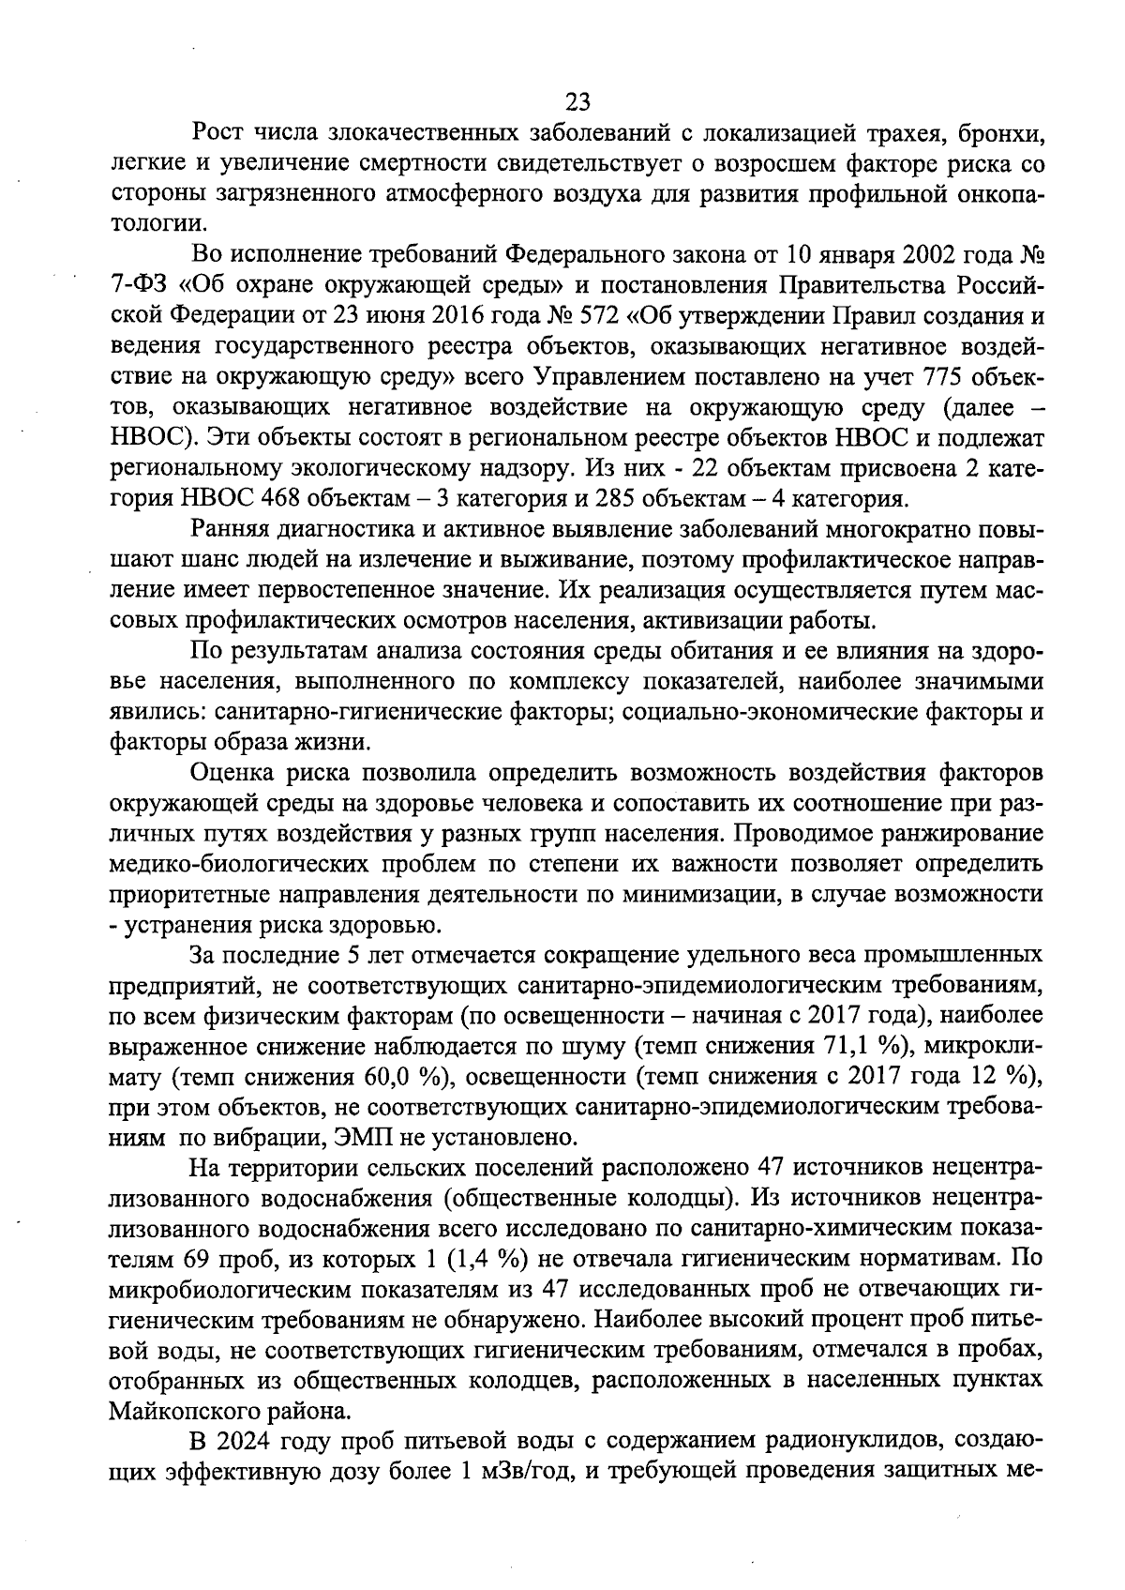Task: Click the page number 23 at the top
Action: [577, 101]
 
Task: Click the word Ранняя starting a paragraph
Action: [231, 529]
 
